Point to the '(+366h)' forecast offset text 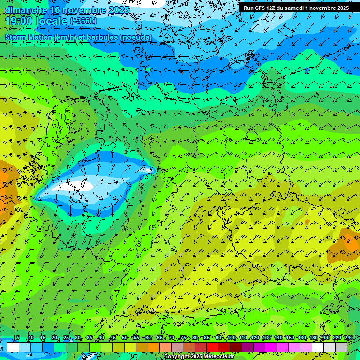coord(83,21)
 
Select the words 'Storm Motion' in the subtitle coord(29,37)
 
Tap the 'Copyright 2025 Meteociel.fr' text coord(199,357)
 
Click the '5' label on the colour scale coord(18,338)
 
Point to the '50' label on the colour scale coord(124,338)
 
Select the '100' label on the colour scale coord(231,338)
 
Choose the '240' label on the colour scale coord(348,338)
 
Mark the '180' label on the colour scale coord(313,338)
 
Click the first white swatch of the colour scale coord(13,347)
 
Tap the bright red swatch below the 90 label coord(212,347)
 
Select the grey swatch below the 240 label coord(341,347)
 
